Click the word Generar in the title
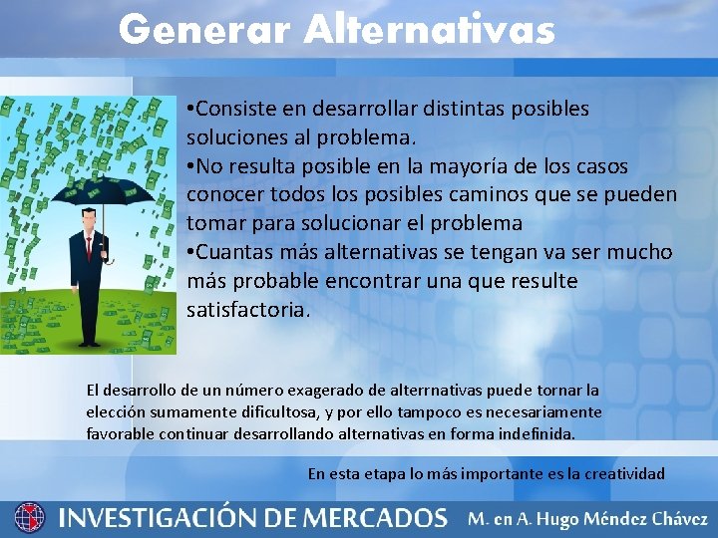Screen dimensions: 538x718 (x=204, y=30)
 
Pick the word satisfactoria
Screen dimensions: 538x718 (x=248, y=310)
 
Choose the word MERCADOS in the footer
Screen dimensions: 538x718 (x=375, y=518)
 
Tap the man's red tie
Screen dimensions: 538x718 (x=89, y=246)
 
